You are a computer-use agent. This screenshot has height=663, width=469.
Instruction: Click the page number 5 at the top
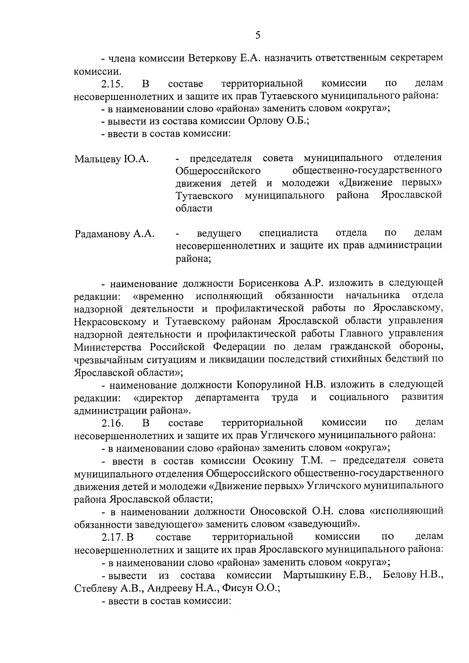click(x=258, y=36)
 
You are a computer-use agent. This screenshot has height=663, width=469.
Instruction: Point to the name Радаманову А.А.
click(x=114, y=234)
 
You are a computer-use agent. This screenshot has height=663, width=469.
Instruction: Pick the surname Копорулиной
click(x=269, y=385)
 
